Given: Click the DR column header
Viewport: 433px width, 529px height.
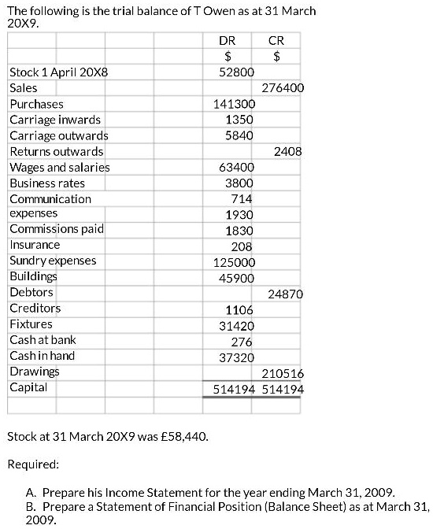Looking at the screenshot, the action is coord(228,40).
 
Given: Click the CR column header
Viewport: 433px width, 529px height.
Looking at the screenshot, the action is coord(276,40).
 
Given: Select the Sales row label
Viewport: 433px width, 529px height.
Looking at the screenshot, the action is coord(24,88).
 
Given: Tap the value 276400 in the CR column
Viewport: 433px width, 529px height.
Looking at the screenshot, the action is coord(283,88).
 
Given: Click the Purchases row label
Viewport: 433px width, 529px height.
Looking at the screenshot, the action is coord(36,104).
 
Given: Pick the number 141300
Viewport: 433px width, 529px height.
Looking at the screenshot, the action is coord(234,104).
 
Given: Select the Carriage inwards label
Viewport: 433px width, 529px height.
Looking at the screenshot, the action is coord(55,120).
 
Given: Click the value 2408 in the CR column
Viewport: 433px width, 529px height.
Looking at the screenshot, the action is coord(288,151).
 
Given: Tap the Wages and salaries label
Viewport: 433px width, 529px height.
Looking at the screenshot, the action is coord(60,167).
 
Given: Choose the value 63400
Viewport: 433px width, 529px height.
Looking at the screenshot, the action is coord(236,167).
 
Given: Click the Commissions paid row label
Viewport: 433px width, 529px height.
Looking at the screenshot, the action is coord(57,229).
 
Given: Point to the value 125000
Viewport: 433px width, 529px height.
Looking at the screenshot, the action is coord(234,261).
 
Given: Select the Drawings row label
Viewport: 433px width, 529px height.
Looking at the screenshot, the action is coord(35,371).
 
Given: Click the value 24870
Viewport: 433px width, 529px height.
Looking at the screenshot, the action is coord(285,294).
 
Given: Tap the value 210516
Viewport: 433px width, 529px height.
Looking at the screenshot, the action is coord(283,373).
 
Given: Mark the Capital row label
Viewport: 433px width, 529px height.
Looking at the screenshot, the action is coord(28,387).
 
